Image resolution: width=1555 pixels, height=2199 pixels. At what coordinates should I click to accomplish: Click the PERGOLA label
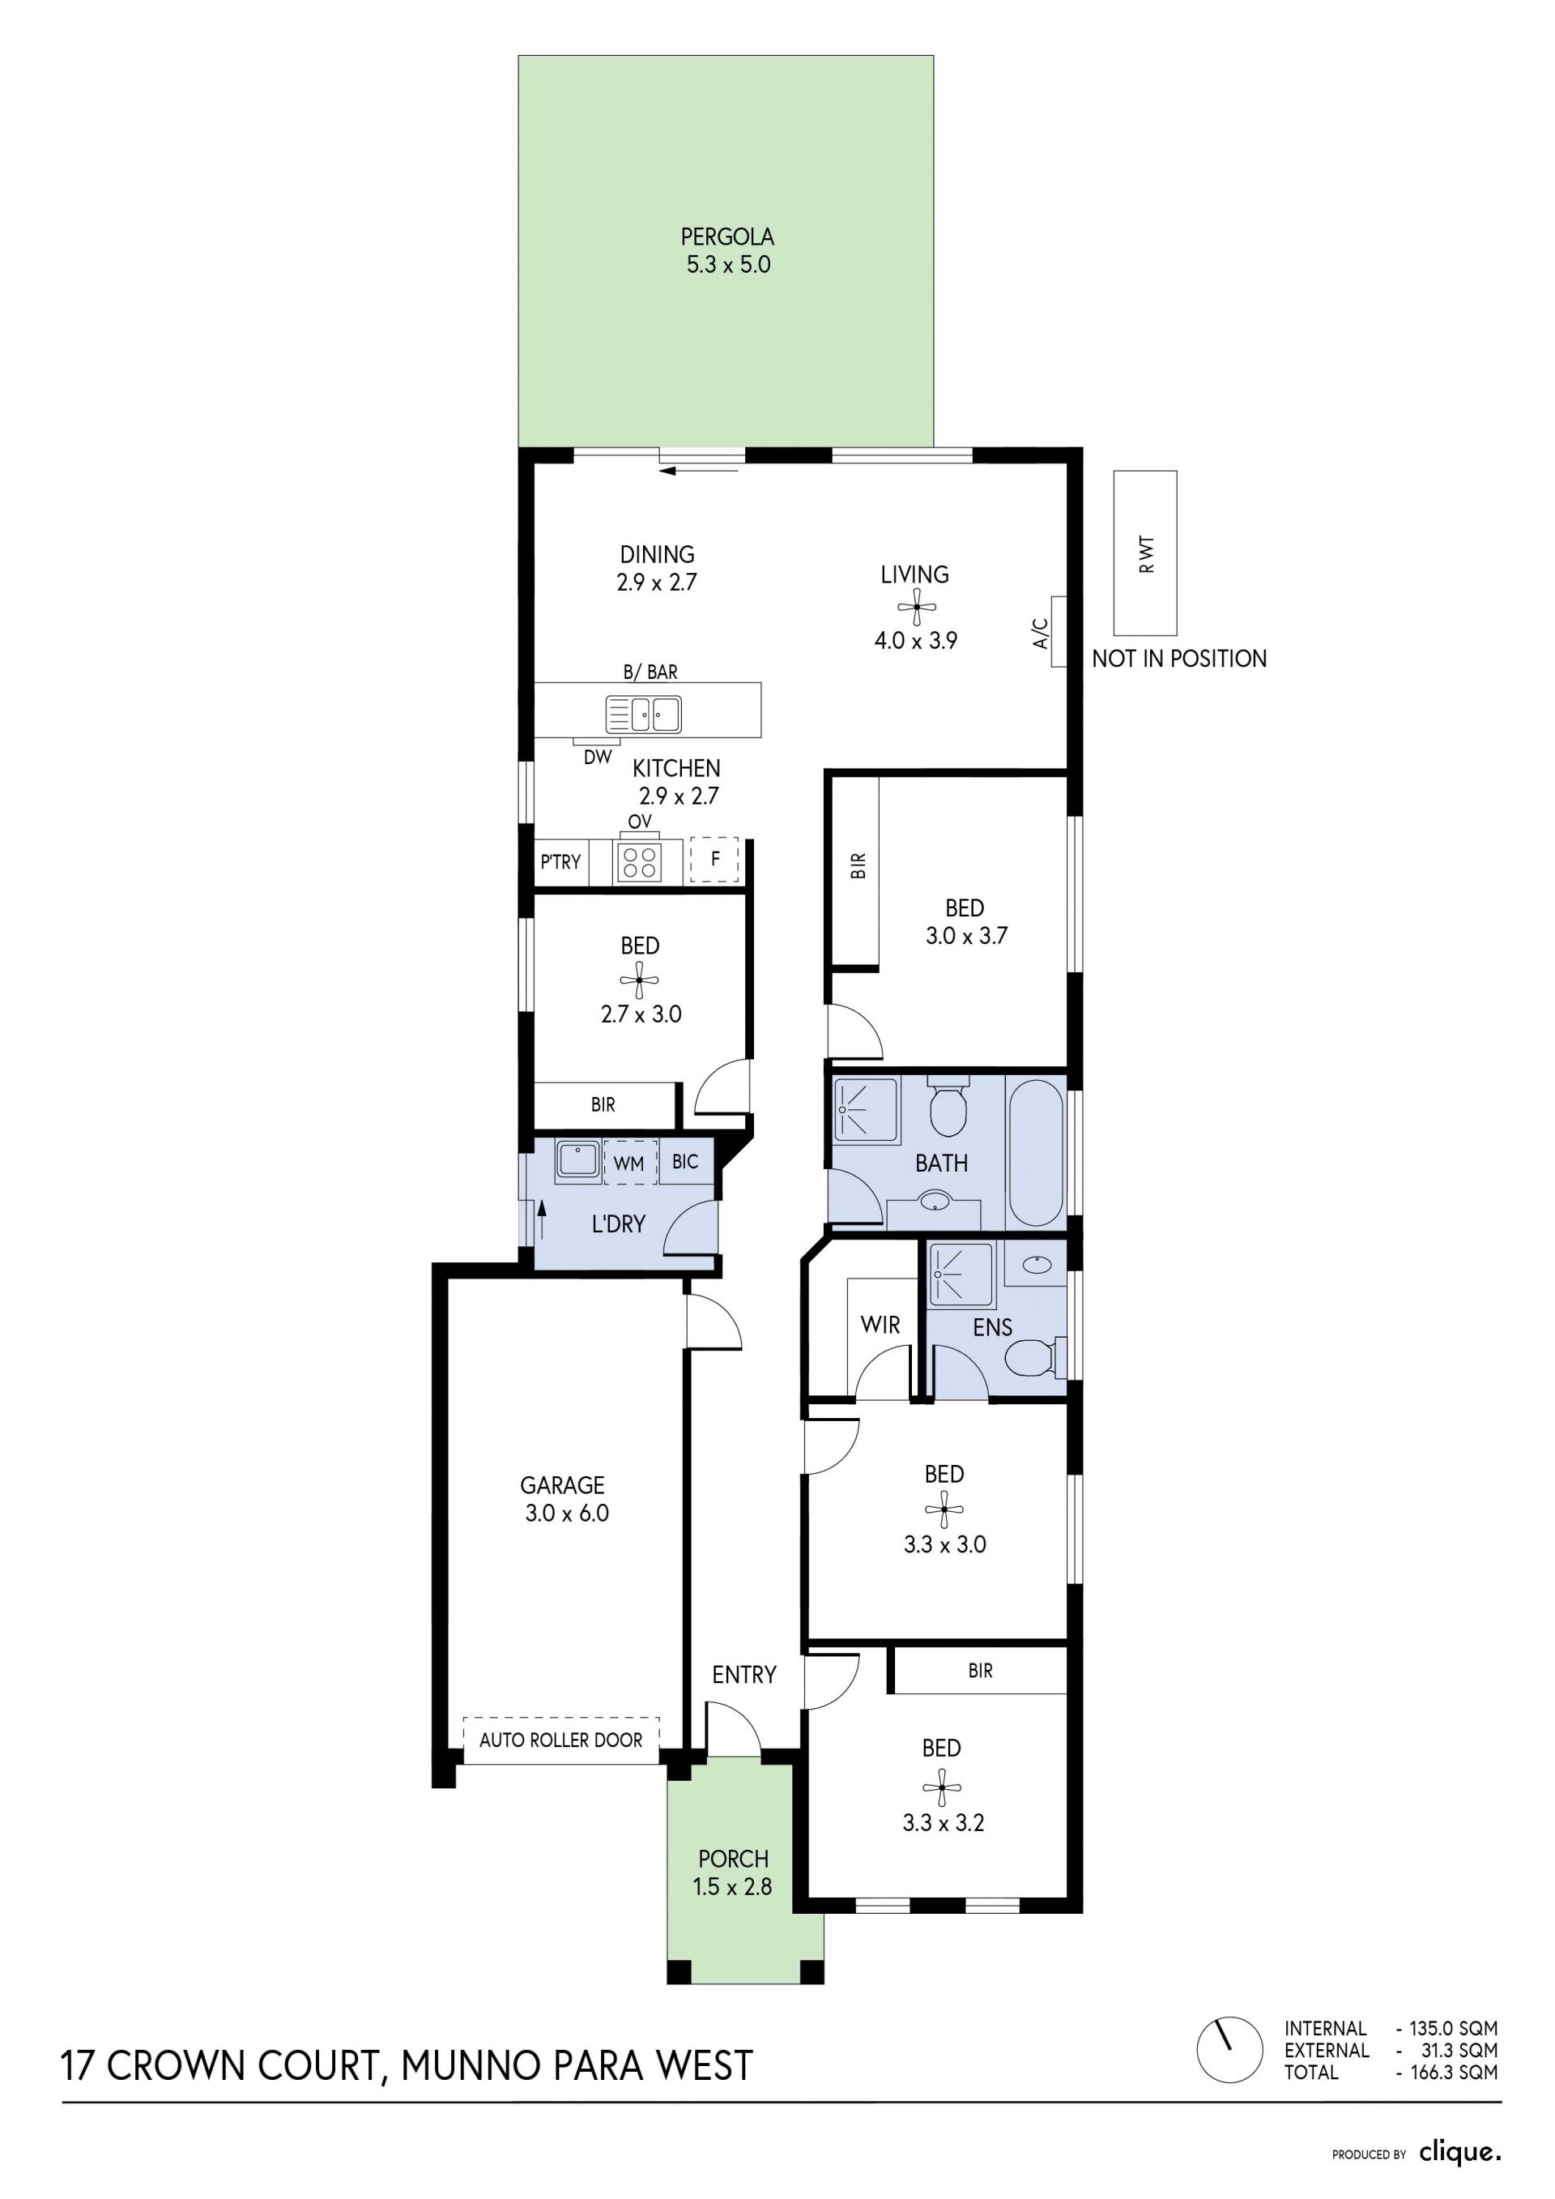click(728, 236)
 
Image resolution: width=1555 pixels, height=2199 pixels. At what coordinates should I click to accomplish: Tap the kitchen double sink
click(643, 715)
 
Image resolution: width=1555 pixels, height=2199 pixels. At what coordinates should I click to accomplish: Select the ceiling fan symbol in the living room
click(916, 606)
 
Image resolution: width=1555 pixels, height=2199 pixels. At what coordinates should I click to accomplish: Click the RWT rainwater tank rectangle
click(1145, 553)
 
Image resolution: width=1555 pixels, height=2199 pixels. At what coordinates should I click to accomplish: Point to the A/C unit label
click(1042, 633)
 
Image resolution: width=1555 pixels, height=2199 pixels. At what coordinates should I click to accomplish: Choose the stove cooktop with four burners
click(637, 862)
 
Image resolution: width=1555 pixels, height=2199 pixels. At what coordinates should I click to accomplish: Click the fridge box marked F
click(714, 859)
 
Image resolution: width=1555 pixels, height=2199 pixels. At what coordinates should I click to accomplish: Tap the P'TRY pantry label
click(560, 861)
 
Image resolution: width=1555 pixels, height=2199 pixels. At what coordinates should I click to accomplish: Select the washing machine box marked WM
click(629, 1163)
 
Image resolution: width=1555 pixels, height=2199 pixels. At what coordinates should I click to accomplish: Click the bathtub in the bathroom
click(1036, 1151)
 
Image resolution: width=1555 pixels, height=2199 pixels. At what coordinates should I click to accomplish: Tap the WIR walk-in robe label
click(880, 1325)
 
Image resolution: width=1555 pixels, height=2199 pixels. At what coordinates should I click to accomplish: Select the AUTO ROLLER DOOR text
click(561, 1740)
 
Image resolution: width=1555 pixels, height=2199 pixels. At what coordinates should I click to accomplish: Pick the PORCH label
click(734, 1858)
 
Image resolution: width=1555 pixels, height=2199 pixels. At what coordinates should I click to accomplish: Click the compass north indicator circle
click(1229, 2048)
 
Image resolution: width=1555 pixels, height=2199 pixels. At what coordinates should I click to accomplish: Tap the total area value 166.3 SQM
click(1454, 2072)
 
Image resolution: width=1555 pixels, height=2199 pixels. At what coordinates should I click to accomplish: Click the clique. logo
click(1460, 2152)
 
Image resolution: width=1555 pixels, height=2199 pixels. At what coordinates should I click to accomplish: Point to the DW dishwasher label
click(598, 757)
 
